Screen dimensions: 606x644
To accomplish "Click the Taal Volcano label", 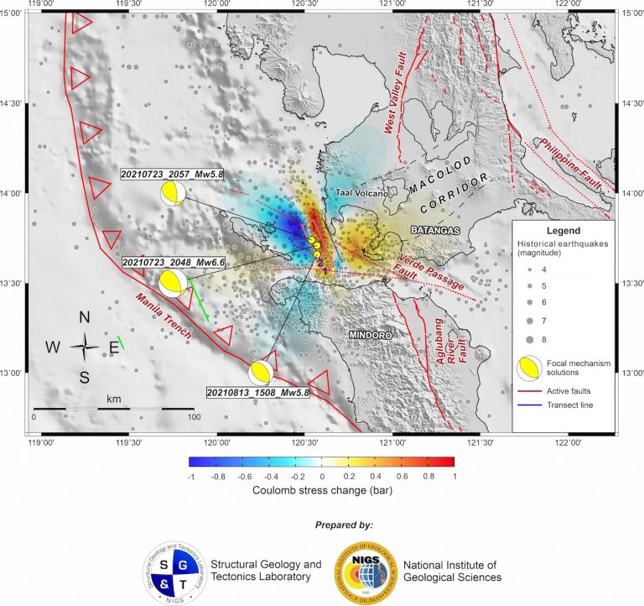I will coord(361,193).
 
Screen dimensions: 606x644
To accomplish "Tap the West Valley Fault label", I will coord(402,92).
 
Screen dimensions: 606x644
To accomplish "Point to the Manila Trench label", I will coord(164,316).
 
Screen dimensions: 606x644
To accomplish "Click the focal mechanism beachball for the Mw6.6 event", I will coord(174,283).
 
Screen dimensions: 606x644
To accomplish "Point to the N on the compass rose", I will coord(85,317).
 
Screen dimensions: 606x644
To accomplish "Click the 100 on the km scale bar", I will coord(193,416).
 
